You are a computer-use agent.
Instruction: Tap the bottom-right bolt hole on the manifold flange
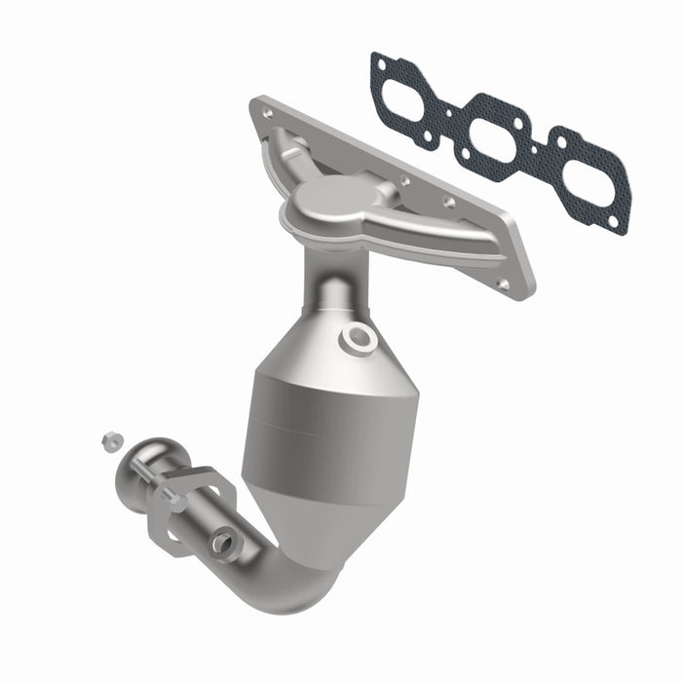502,284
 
